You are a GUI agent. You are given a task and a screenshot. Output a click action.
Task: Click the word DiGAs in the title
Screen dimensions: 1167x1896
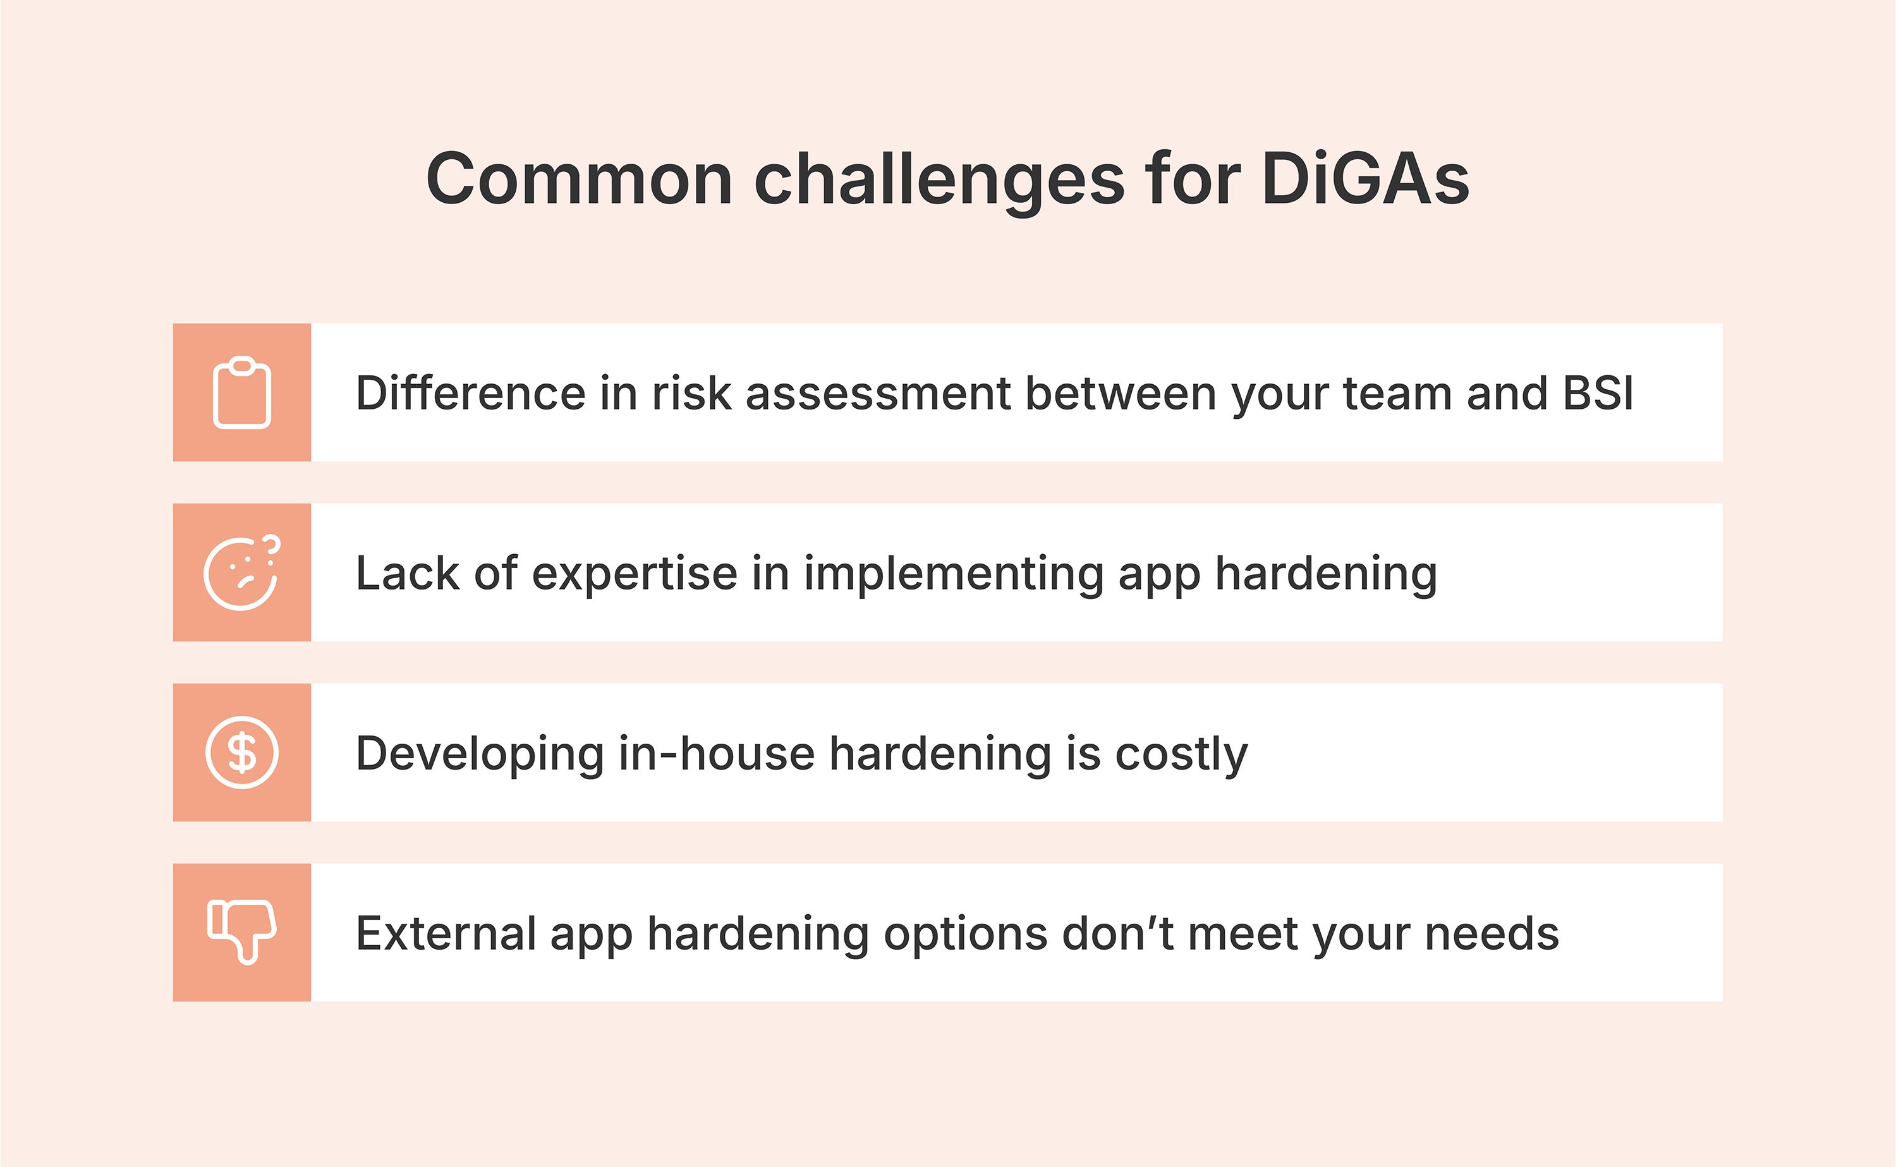(x=1366, y=179)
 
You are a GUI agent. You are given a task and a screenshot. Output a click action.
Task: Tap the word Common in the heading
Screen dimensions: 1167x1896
(x=579, y=179)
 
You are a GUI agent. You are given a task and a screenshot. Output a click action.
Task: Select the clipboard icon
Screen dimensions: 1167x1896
(x=241, y=393)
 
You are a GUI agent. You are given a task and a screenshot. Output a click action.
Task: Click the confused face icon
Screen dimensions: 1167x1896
(x=240, y=575)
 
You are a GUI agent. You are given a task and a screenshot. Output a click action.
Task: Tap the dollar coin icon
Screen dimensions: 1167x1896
(x=241, y=753)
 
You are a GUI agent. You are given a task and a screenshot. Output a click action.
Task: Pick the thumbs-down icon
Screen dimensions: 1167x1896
(x=241, y=931)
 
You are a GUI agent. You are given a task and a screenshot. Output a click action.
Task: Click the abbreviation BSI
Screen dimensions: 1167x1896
(x=1598, y=393)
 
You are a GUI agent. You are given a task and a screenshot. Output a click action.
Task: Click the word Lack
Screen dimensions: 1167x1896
(x=407, y=574)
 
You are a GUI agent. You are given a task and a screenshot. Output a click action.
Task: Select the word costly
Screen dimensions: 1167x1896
(x=1181, y=754)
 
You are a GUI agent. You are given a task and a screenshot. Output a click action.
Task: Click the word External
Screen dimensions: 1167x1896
(x=446, y=933)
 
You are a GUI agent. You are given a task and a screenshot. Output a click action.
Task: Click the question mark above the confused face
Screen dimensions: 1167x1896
(x=272, y=545)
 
